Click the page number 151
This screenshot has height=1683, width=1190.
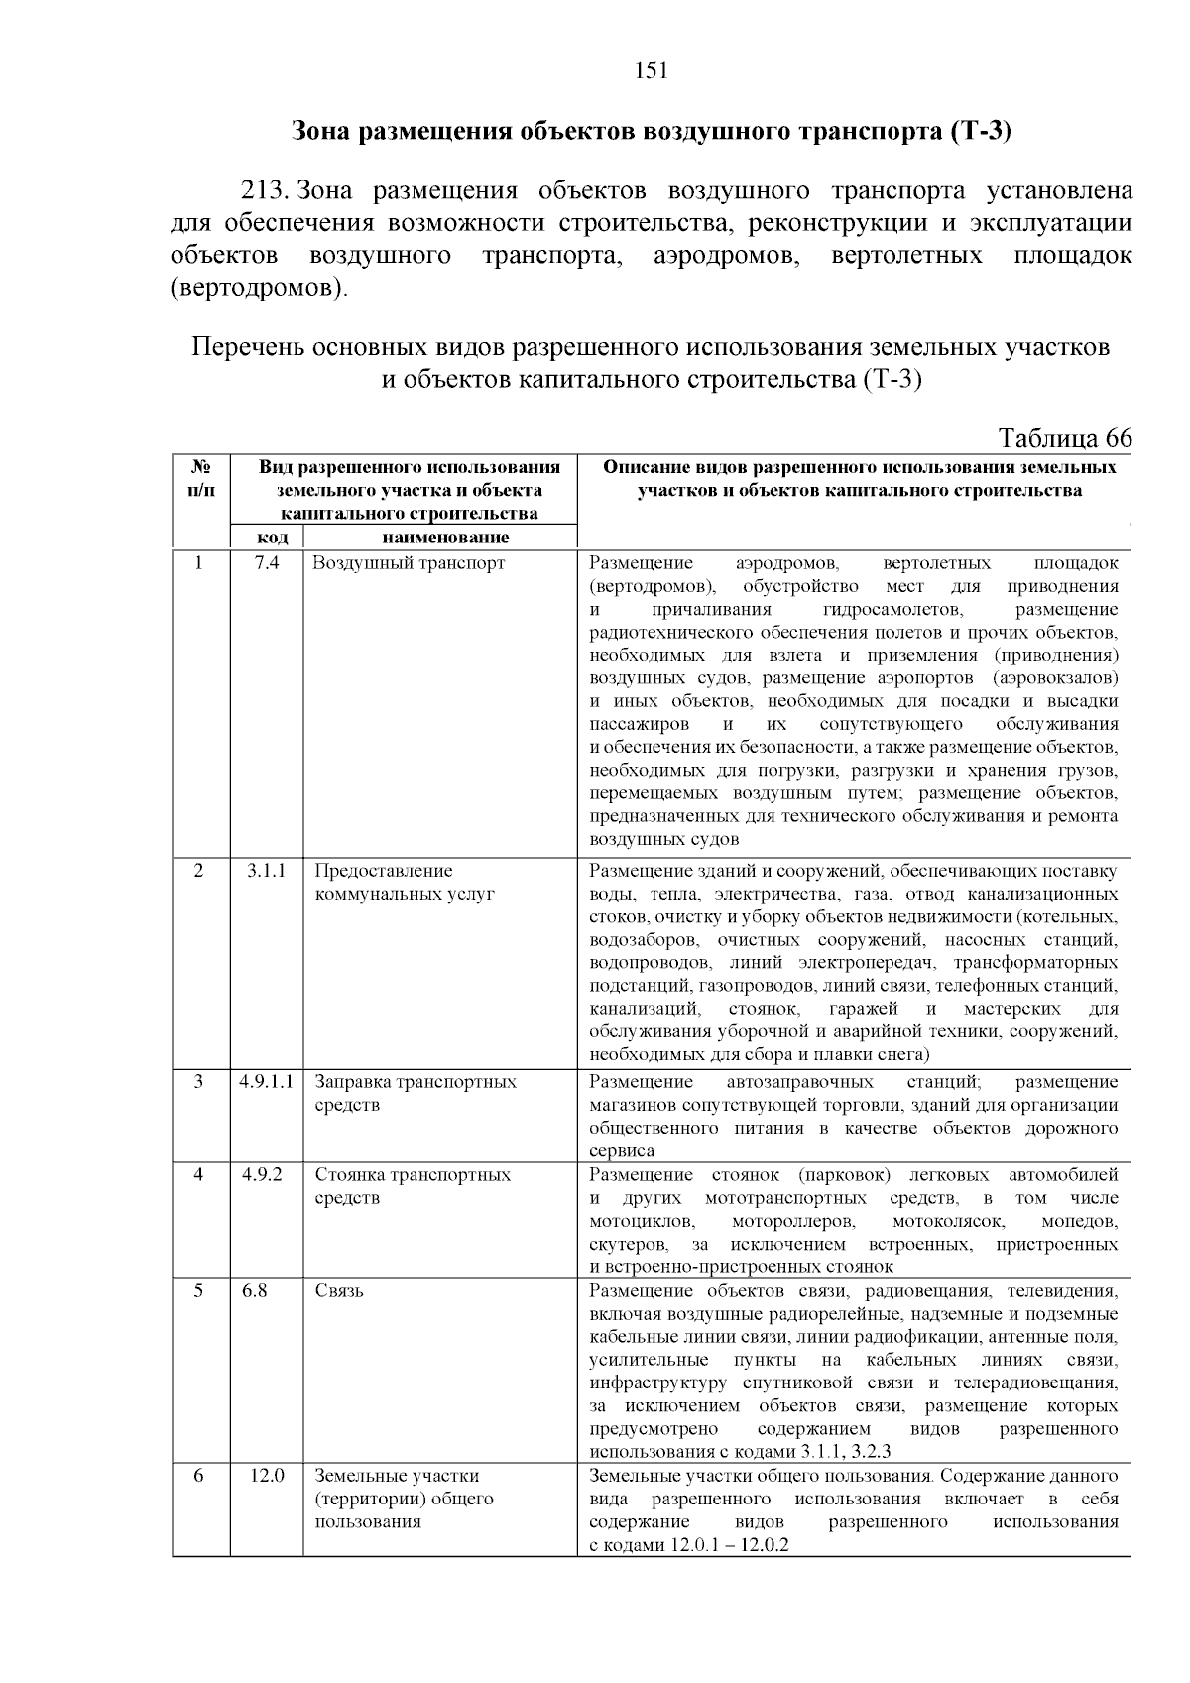[x=651, y=70]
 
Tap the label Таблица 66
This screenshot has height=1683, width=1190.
[x=1065, y=439]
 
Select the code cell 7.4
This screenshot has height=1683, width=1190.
[x=267, y=563]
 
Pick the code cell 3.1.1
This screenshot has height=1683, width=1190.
[x=267, y=871]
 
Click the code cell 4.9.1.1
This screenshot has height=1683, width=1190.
[x=267, y=1082]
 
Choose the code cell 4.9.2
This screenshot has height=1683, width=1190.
[x=262, y=1175]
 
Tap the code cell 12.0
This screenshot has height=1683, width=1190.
[x=267, y=1476]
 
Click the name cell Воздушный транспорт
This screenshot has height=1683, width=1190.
[x=410, y=563]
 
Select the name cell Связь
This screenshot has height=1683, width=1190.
[x=339, y=1291]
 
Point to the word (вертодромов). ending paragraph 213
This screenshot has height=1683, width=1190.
[x=260, y=290]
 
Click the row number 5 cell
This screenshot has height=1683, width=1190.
[x=199, y=1291]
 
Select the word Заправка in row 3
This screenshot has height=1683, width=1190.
[x=353, y=1082]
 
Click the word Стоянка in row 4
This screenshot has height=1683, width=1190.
[x=350, y=1175]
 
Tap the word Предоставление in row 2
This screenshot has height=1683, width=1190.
[x=384, y=871]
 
